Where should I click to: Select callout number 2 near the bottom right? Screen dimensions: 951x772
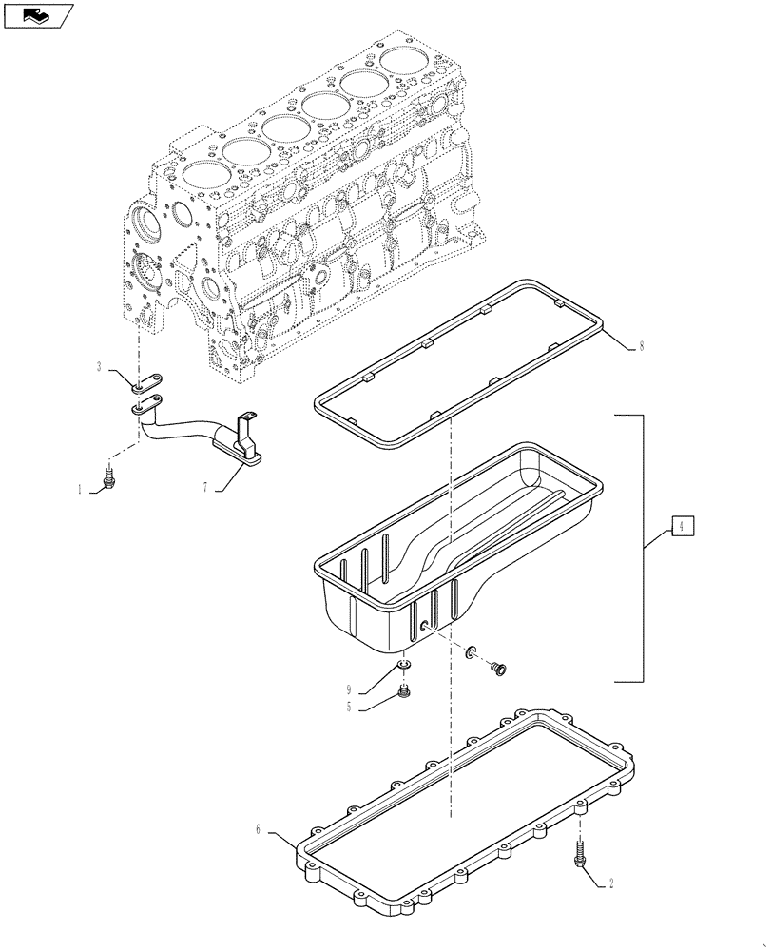pos(610,883)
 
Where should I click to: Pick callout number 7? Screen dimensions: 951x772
pos(203,487)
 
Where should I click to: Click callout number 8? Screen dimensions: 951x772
pos(641,346)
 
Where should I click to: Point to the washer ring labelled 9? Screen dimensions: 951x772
pos(404,665)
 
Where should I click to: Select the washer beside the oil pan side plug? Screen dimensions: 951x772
pos(470,651)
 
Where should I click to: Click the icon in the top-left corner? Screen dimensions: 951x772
pos(36,14)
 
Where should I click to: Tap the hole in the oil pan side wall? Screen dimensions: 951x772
pos(423,625)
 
